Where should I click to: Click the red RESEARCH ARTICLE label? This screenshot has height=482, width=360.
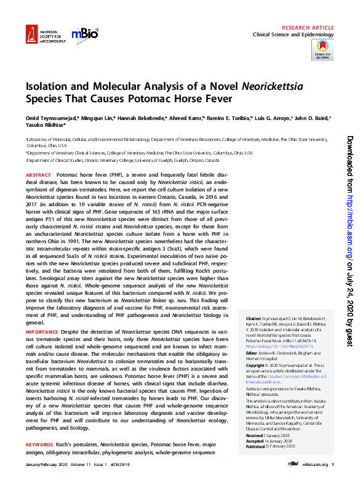point(308,28)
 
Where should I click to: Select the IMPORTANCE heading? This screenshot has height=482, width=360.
point(42,332)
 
